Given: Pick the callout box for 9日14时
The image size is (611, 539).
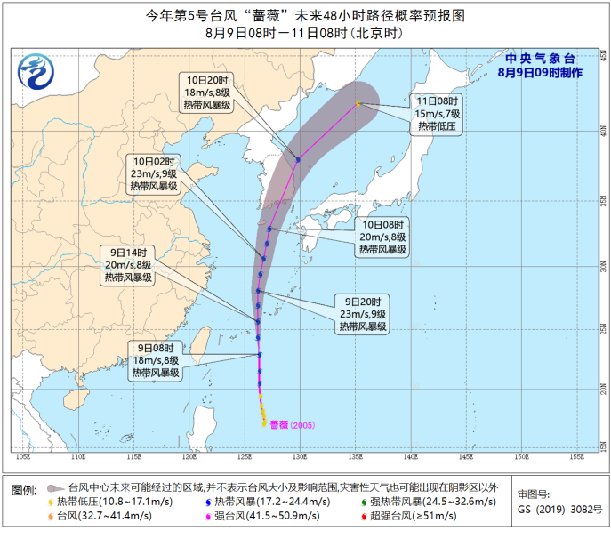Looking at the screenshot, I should (127, 265).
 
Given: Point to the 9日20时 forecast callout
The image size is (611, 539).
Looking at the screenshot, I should (362, 314).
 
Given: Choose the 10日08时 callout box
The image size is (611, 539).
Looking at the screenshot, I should (383, 237).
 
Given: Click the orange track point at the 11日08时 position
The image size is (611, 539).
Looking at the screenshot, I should (358, 103).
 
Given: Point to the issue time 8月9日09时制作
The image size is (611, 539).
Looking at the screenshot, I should (540, 71).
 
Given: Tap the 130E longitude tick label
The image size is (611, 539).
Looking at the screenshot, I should (300, 456).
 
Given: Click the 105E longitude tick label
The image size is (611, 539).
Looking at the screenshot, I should (23, 456).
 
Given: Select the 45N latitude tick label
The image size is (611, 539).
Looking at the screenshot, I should (601, 55).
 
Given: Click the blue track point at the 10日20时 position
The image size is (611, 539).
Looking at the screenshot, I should (298, 159).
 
